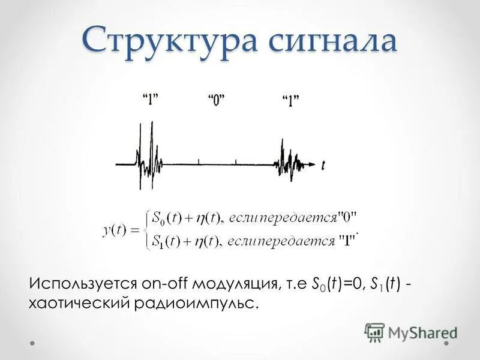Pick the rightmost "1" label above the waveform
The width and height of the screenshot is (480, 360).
point(290,100)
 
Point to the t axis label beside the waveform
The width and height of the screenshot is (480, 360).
point(324,164)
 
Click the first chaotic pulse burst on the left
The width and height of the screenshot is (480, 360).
point(146,159)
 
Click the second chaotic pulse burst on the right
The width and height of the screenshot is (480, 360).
point(290,161)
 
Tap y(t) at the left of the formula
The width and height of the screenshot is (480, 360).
point(116,229)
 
